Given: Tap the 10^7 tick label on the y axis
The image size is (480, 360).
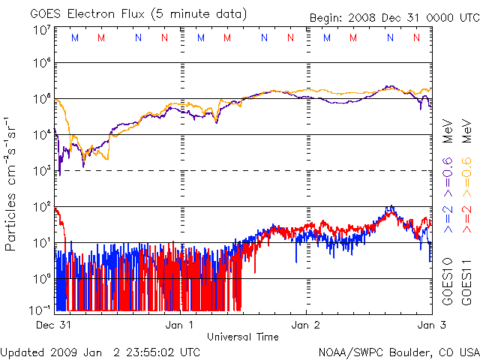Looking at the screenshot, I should pyautogui.click(x=41, y=30).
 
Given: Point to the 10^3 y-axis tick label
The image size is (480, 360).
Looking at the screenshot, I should pyautogui.click(x=41, y=170).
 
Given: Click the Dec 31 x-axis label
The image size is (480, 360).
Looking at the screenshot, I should pyautogui.click(x=54, y=325).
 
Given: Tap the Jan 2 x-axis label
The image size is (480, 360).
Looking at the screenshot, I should pyautogui.click(x=306, y=325).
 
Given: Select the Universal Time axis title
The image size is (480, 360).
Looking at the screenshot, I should pyautogui.click(x=243, y=337).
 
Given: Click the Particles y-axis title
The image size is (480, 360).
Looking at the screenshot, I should pyautogui.click(x=13, y=183).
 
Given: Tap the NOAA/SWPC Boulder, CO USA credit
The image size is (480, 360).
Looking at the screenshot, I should pyautogui.click(x=398, y=351).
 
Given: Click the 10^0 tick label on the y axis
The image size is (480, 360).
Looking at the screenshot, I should pyautogui.click(x=41, y=278).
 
